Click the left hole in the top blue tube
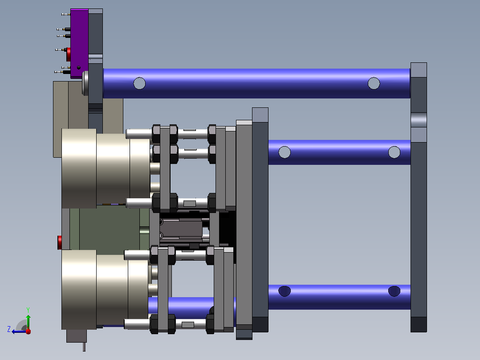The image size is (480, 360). pyautogui.click(x=139, y=83)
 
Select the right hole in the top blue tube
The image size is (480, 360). pyautogui.click(x=374, y=83)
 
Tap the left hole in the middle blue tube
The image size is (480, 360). pyautogui.click(x=285, y=152)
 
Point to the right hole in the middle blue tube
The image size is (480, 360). pyautogui.click(x=394, y=152)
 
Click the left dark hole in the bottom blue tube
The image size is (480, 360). pyautogui.click(x=285, y=291)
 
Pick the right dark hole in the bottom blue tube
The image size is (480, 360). pyautogui.click(x=394, y=291)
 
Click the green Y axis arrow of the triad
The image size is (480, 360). pyautogui.click(x=28, y=322)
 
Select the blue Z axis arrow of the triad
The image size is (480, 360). pyautogui.click(x=19, y=331)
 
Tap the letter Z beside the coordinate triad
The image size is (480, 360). pyautogui.click(x=9, y=329)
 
